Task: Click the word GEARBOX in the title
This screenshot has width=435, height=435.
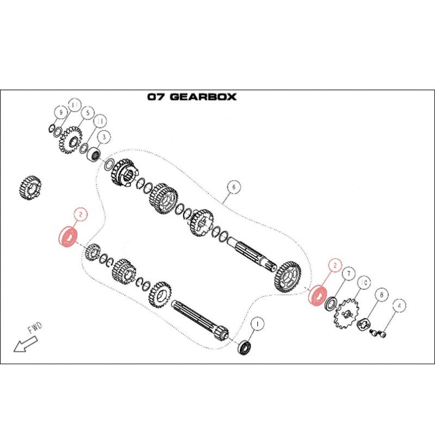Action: (x=203, y=97)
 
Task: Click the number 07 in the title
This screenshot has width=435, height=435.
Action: (x=157, y=97)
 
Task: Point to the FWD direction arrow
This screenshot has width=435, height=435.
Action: (x=25, y=344)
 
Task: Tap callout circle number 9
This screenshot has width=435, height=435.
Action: (x=61, y=113)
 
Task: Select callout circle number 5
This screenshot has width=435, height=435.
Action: (x=88, y=113)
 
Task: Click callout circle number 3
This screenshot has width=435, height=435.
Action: (x=104, y=137)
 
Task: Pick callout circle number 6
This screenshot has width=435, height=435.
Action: (x=234, y=187)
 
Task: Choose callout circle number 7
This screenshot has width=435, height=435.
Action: (x=349, y=274)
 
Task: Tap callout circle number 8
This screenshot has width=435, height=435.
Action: (x=382, y=294)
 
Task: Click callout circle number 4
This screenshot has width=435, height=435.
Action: (x=399, y=306)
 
